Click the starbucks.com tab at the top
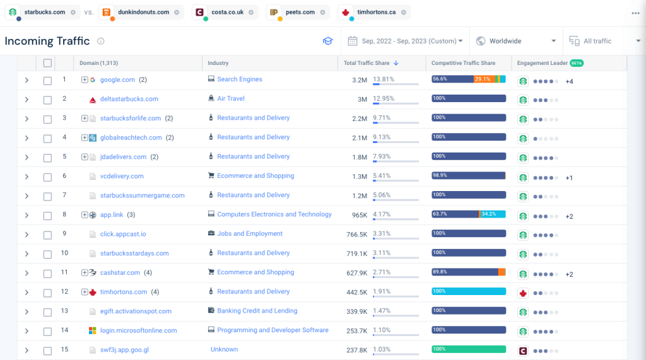point(44,12)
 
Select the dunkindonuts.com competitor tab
point(143,12)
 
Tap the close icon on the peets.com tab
point(323,12)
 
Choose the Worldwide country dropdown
point(516,41)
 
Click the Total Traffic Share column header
point(367,63)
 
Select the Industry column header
point(218,63)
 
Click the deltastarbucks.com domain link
point(129,99)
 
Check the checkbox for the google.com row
point(47,80)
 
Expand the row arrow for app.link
point(26,215)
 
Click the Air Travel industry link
point(230,99)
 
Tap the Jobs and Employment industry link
point(249,234)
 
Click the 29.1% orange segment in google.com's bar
point(484,79)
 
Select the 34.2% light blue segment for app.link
point(492,214)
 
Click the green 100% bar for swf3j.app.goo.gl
point(469,349)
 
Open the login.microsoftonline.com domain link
point(138,330)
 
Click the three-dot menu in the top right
point(635,13)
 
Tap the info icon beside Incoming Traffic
point(101,41)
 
